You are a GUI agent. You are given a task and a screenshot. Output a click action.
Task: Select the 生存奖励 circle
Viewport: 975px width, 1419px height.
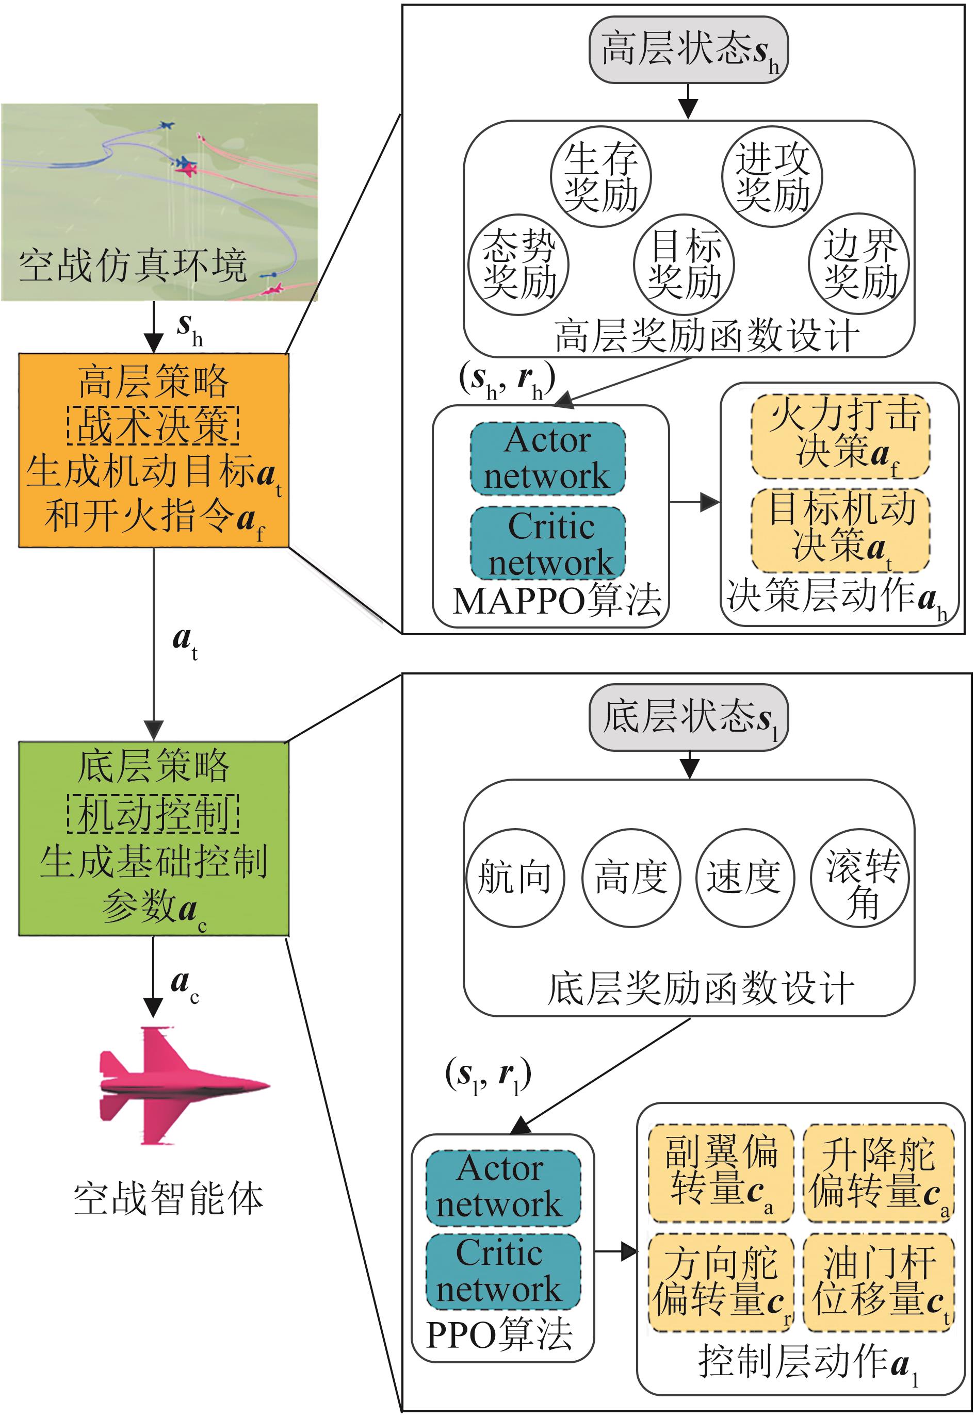click(x=600, y=177)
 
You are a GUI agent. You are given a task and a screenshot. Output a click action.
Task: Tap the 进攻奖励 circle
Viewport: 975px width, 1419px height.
click(x=772, y=177)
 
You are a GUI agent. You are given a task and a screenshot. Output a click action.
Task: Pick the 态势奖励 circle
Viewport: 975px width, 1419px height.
click(x=518, y=265)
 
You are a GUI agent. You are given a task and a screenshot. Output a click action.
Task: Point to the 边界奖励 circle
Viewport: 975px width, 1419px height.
click(x=858, y=265)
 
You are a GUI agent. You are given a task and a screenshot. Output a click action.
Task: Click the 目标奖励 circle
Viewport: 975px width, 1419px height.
click(x=684, y=265)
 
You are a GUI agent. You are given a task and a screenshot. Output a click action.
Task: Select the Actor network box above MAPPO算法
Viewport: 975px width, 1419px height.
click(x=548, y=458)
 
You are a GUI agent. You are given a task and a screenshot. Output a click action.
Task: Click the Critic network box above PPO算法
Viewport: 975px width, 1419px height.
click(x=503, y=1272)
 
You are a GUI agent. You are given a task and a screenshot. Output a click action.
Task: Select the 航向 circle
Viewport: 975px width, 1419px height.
click(x=514, y=878)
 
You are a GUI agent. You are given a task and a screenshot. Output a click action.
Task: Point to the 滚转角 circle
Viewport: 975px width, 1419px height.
click(x=859, y=878)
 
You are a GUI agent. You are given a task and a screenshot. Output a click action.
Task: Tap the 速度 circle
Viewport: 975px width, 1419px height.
click(x=745, y=878)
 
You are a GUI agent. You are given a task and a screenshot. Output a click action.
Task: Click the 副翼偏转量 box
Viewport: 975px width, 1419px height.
click(x=721, y=1173)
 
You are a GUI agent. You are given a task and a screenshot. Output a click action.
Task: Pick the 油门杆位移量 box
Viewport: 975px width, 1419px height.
click(x=879, y=1282)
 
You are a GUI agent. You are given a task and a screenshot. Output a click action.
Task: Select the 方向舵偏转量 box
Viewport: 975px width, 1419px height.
click(x=721, y=1282)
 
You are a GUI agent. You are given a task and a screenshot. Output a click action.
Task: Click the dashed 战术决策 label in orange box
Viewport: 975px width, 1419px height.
click(x=153, y=425)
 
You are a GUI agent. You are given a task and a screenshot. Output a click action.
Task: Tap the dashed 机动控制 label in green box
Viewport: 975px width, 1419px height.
click(x=153, y=814)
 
